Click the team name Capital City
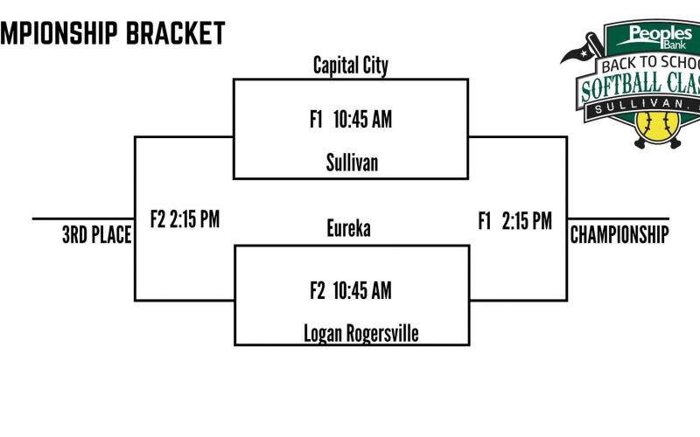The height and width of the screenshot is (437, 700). [x=351, y=66]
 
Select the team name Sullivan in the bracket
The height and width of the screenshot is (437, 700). [x=352, y=163]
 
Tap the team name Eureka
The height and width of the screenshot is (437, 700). [x=348, y=228]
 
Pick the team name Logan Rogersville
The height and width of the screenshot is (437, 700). [x=361, y=334]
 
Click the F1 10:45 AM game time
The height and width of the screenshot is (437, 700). [x=351, y=119]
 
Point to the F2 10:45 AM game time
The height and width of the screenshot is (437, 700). [x=351, y=290]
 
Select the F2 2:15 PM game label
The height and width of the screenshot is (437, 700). [x=185, y=219]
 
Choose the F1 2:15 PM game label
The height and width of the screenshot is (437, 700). [x=515, y=221]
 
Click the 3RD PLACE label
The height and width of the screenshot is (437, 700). [x=97, y=234]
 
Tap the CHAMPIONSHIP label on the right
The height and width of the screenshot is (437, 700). [x=619, y=234]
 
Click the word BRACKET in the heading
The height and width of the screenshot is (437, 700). [x=176, y=32]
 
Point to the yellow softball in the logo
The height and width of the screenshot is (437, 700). [x=657, y=126]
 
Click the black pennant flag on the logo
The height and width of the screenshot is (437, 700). [x=576, y=53]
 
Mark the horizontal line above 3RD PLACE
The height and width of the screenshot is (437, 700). [x=83, y=218]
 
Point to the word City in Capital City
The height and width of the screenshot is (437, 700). [x=375, y=66]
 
